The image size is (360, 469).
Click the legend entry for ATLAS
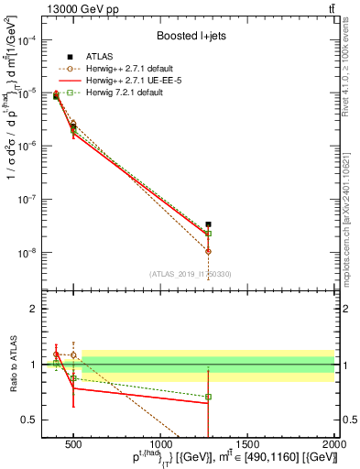click(x=101, y=57)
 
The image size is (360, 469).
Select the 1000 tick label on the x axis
click(x=160, y=446)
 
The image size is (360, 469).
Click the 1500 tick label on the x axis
click(x=247, y=446)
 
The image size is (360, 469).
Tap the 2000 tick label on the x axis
click(x=333, y=446)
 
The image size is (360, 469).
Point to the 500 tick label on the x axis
click(x=73, y=446)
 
